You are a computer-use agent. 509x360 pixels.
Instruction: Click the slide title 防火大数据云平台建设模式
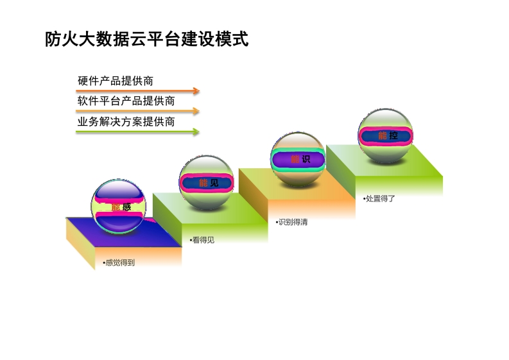pos(147,39)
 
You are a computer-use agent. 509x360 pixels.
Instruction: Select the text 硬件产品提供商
pos(116,81)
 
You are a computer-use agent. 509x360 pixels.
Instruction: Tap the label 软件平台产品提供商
pos(126,101)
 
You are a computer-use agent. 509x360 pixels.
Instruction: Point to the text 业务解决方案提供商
pos(126,122)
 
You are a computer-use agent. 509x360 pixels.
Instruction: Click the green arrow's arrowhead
pos(196,132)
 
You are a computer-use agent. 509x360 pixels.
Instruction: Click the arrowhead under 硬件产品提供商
pos(196,91)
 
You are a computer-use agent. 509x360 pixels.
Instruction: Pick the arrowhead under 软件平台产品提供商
pos(196,111)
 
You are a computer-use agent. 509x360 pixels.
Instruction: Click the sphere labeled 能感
pos(119,207)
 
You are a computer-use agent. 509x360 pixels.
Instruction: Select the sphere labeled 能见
pos(207,182)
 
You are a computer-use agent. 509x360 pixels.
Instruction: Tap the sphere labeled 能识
pos(298,159)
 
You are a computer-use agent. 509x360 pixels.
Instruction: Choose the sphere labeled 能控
pos(386,135)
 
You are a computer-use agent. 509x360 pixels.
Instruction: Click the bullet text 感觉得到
pos(119,262)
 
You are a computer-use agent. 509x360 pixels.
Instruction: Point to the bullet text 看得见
pos(202,240)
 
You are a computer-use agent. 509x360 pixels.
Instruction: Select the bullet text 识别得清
pos(291,222)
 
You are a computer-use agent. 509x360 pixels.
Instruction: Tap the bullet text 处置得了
pos(379,199)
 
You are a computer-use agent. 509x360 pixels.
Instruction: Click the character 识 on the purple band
pos(306,159)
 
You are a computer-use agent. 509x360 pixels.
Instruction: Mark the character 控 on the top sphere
pos(393,135)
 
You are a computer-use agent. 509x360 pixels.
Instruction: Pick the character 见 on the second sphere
pos(214,183)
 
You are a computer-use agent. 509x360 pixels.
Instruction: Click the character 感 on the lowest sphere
pos(126,207)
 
